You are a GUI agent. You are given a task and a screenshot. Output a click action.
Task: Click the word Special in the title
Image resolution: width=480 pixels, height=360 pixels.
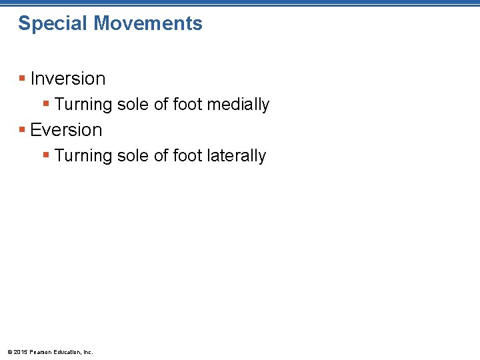(53, 24)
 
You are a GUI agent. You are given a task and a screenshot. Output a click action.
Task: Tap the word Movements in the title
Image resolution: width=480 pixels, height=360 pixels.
(148, 23)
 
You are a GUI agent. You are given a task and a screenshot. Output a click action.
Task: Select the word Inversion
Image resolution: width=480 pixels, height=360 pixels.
(68, 79)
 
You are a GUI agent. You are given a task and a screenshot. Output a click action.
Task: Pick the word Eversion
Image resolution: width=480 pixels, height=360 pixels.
(67, 129)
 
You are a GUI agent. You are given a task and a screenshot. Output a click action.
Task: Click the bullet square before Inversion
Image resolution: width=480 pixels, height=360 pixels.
(23, 79)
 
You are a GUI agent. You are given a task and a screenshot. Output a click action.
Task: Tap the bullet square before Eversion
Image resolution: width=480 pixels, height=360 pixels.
(23, 130)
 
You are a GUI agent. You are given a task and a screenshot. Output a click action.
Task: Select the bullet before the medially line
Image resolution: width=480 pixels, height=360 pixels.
(47, 104)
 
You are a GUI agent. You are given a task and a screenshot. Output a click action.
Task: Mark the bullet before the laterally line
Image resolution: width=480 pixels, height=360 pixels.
(47, 155)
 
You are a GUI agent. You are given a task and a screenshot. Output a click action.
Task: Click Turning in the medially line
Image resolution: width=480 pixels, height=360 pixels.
(83, 105)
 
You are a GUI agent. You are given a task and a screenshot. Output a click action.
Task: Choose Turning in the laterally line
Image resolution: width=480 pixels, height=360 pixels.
(83, 156)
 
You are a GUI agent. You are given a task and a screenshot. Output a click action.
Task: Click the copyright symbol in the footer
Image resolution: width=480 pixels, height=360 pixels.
(9, 351)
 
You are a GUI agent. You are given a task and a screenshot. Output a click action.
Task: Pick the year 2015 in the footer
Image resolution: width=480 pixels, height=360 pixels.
(21, 351)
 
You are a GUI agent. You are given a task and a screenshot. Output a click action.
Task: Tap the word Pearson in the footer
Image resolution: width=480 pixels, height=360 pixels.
(41, 351)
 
